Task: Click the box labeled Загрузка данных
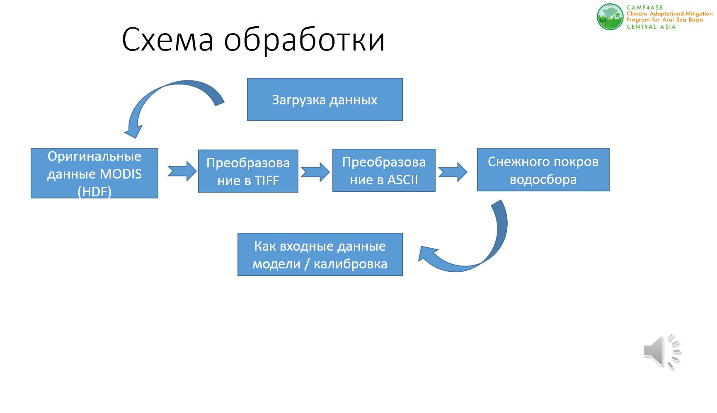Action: pyautogui.click(x=325, y=99)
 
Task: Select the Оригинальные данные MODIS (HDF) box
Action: pyautogui.click(x=94, y=173)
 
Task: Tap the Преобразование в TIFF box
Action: pyautogui.click(x=248, y=171)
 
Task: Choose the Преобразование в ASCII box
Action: pyautogui.click(x=384, y=170)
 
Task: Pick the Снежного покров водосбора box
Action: pyautogui.click(x=543, y=170)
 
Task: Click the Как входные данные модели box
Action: pyautogui.click(x=320, y=254)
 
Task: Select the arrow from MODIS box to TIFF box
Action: pyautogui.click(x=182, y=171)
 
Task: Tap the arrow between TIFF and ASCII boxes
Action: pyautogui.click(x=315, y=171)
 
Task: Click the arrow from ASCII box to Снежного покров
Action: pyautogui.click(x=453, y=172)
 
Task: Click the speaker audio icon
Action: pyautogui.click(x=662, y=351)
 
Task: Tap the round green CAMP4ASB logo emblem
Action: pyautogui.click(x=610, y=17)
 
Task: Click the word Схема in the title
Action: pyautogui.click(x=168, y=40)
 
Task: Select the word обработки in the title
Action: pyautogui.click(x=305, y=40)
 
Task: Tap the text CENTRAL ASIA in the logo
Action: pyautogui.click(x=651, y=27)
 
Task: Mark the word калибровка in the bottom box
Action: pyautogui.click(x=351, y=264)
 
